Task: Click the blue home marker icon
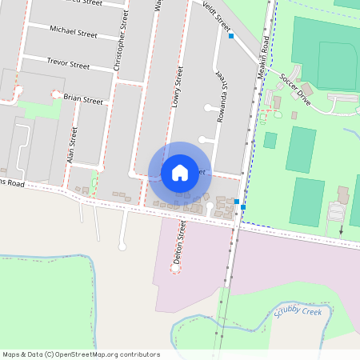(179, 172)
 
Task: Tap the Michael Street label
(73, 34)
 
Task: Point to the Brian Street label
(83, 100)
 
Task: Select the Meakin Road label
(262, 60)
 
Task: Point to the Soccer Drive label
(294, 87)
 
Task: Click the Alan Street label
(72, 146)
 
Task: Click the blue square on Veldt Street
(231, 36)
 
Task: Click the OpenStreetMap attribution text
(81, 354)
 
